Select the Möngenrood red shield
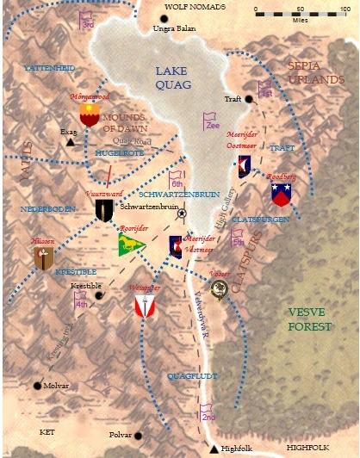[x=89, y=114]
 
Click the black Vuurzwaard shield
[x=104, y=210]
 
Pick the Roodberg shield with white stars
[x=281, y=195]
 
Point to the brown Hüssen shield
[x=44, y=257]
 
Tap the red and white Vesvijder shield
[x=145, y=305]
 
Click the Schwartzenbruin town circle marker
[x=181, y=214]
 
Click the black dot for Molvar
[x=37, y=386]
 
